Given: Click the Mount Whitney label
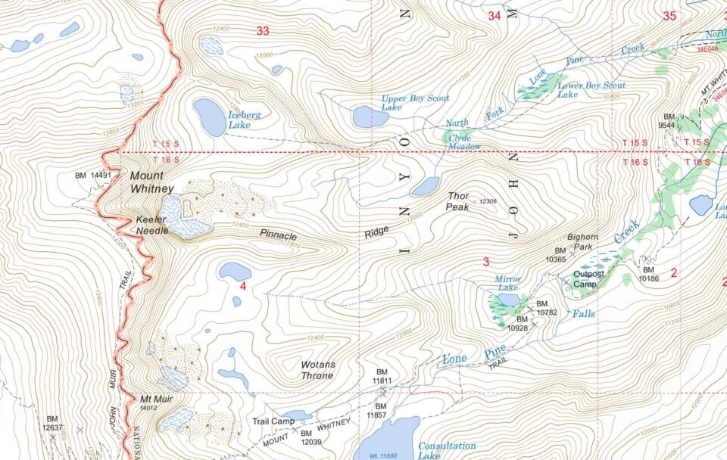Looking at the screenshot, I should pos(151,182).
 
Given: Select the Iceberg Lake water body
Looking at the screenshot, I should pos(209,117).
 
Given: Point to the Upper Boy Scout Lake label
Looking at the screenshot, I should pos(415,103).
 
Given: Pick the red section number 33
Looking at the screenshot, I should pos(263,31).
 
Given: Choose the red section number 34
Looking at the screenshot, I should pos(495,15).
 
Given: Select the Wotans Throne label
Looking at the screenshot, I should pos(318,370).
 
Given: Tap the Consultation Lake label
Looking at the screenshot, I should pos(447,451).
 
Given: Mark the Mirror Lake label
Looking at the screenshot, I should pos(507,284).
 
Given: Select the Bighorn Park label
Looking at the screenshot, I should pos(582,241).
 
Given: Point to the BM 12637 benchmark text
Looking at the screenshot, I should pos(51,423).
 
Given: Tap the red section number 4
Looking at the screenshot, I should pos(242,286).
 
